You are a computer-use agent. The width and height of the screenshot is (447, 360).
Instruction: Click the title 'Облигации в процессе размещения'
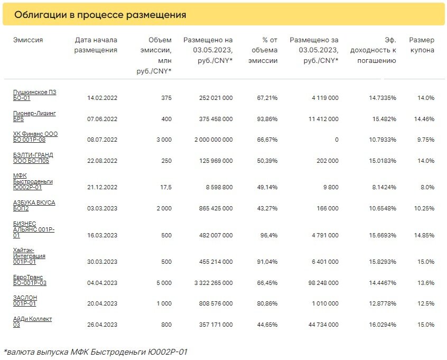tap(100, 15)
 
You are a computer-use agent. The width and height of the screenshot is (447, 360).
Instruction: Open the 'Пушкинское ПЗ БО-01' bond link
tap(34, 95)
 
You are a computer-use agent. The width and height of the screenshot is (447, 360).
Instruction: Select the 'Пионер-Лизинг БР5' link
tap(34, 116)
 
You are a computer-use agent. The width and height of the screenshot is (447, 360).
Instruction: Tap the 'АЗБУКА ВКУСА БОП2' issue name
tap(34, 206)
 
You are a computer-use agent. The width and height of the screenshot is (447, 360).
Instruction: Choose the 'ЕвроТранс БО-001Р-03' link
tap(30, 280)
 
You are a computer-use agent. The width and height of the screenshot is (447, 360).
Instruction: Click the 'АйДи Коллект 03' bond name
tap(33, 322)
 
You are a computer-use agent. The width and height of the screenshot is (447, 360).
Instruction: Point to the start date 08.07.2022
tap(102, 140)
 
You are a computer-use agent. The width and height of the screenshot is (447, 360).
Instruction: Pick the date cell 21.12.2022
tap(102, 188)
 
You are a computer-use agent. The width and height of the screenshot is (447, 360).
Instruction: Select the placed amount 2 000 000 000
tap(213, 140)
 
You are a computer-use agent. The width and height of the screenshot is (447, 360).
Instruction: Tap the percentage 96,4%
tap(269, 235)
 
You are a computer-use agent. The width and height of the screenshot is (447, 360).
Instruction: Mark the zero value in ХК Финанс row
tap(337, 140)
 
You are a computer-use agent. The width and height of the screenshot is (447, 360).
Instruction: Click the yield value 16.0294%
tap(383, 325)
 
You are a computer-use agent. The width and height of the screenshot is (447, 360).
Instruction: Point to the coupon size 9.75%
tap(426, 140)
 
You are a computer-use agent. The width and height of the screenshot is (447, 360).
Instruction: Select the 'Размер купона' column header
tap(422, 45)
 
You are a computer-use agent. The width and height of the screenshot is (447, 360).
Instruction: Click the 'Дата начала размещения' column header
tap(96, 45)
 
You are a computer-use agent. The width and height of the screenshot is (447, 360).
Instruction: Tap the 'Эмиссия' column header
tap(28, 40)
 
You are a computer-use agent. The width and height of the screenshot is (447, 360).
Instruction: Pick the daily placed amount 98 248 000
tap(323, 283)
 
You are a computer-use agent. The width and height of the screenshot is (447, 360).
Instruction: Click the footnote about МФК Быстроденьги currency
tap(96, 352)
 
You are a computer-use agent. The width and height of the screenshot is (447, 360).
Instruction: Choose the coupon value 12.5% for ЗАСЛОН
tap(426, 303)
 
